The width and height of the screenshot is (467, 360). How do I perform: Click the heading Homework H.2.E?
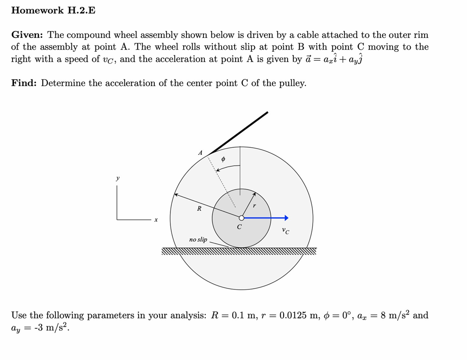coord(53,10)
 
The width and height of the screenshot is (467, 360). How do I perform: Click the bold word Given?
coord(27,35)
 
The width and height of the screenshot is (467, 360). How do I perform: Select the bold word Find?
coord(24,83)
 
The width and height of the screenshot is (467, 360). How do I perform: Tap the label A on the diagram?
coord(200,153)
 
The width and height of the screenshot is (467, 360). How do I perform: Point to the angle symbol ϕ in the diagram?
coord(223,159)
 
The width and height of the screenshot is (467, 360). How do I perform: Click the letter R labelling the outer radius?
coord(199,208)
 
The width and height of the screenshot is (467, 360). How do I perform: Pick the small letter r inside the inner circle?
coord(254,206)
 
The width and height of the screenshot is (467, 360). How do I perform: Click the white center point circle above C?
coord(241,218)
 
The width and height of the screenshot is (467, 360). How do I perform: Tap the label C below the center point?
coord(240,227)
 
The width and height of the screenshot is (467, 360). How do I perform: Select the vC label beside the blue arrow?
coord(285,231)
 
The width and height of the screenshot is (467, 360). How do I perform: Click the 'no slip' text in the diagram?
coord(198,240)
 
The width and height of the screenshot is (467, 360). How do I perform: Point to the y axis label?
coord(118,178)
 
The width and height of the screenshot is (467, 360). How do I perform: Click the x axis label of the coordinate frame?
coord(156,220)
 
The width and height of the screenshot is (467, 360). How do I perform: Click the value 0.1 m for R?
coord(242,315)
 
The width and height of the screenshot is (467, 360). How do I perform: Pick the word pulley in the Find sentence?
coord(292,83)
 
